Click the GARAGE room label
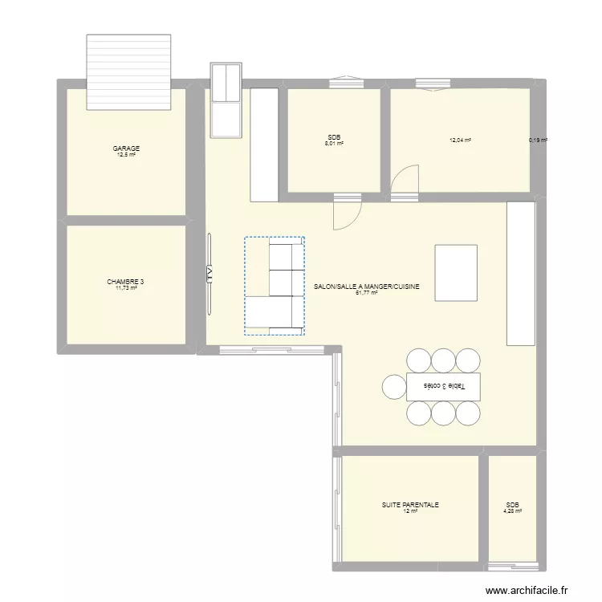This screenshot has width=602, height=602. tap(126, 148)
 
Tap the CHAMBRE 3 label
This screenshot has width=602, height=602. tap(126, 282)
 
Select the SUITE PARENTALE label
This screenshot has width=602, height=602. tap(410, 505)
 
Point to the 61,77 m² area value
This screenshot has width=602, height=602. tap(366, 293)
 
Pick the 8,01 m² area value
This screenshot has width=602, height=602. tap(334, 144)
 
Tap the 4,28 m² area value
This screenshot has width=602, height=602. tap(512, 511)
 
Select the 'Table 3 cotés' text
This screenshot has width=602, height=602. tap(443, 386)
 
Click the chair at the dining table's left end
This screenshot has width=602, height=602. tap(394, 386)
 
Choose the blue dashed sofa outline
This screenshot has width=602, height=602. tap(275, 285)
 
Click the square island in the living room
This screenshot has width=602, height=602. tap(456, 272)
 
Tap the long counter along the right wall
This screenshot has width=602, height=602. tap(520, 273)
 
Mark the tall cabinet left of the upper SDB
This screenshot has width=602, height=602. tap(264, 144)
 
